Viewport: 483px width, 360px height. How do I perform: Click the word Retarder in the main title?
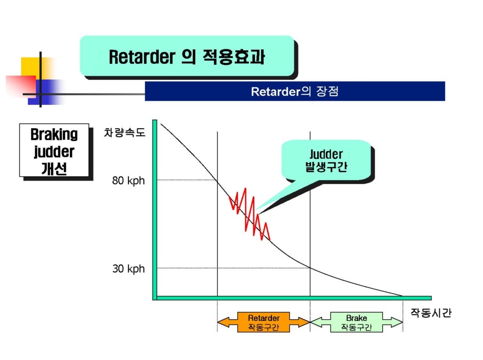coord(142,57)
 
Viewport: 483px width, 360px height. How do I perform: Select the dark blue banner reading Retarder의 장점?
coord(295,91)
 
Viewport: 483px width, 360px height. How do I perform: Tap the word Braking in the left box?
coord(54,134)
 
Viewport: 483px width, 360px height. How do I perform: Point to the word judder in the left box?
coord(54,152)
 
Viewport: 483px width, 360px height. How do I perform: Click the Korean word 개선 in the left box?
coord(54,169)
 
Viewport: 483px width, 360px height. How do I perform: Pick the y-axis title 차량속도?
coord(124,133)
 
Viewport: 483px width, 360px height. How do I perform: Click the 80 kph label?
coord(128,181)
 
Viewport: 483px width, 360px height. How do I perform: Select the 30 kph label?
coord(128,268)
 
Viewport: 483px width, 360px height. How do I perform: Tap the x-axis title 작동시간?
coord(431,313)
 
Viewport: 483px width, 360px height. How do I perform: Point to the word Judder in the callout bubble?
coord(326,154)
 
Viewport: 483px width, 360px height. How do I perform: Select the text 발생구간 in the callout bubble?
coord(326,167)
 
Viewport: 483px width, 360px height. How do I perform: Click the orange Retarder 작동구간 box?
coord(264,322)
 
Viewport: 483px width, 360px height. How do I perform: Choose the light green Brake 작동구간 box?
coord(357,322)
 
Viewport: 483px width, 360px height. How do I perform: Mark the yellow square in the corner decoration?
coord(34,68)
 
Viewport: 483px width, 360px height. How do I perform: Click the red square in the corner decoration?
coord(21,86)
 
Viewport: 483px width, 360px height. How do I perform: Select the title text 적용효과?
coord(234,57)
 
